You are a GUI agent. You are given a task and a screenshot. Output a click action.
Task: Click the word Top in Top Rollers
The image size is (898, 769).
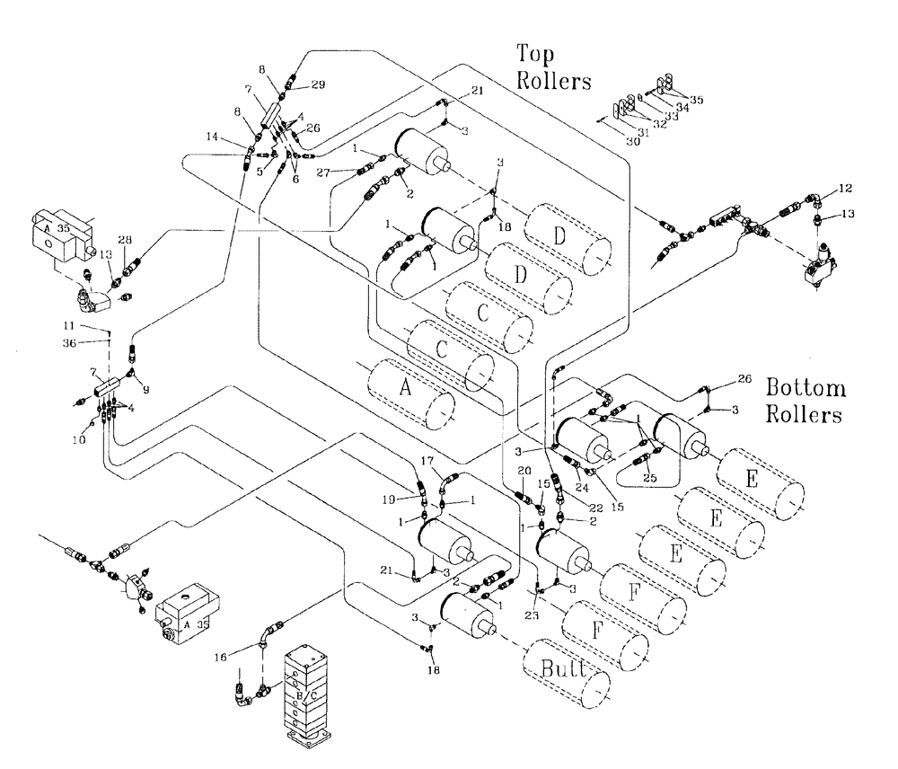point(534,53)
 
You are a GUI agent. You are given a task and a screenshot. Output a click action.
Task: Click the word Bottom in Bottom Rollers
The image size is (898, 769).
point(806,388)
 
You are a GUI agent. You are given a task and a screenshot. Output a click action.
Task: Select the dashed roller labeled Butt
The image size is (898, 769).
point(566,670)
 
